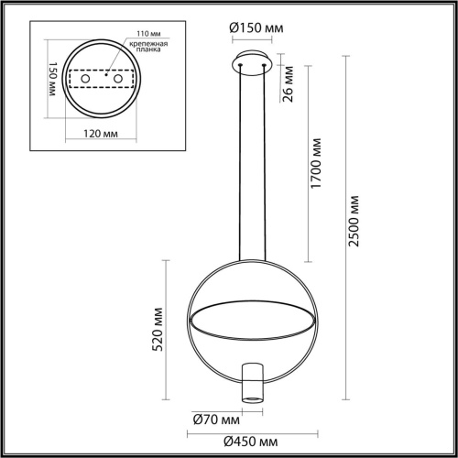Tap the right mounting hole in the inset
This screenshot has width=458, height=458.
coord(117,82)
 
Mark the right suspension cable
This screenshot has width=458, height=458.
coord(267,165)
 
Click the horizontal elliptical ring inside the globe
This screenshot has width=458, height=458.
coord(252,317)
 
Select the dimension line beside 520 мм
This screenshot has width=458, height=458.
coord(165,331)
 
